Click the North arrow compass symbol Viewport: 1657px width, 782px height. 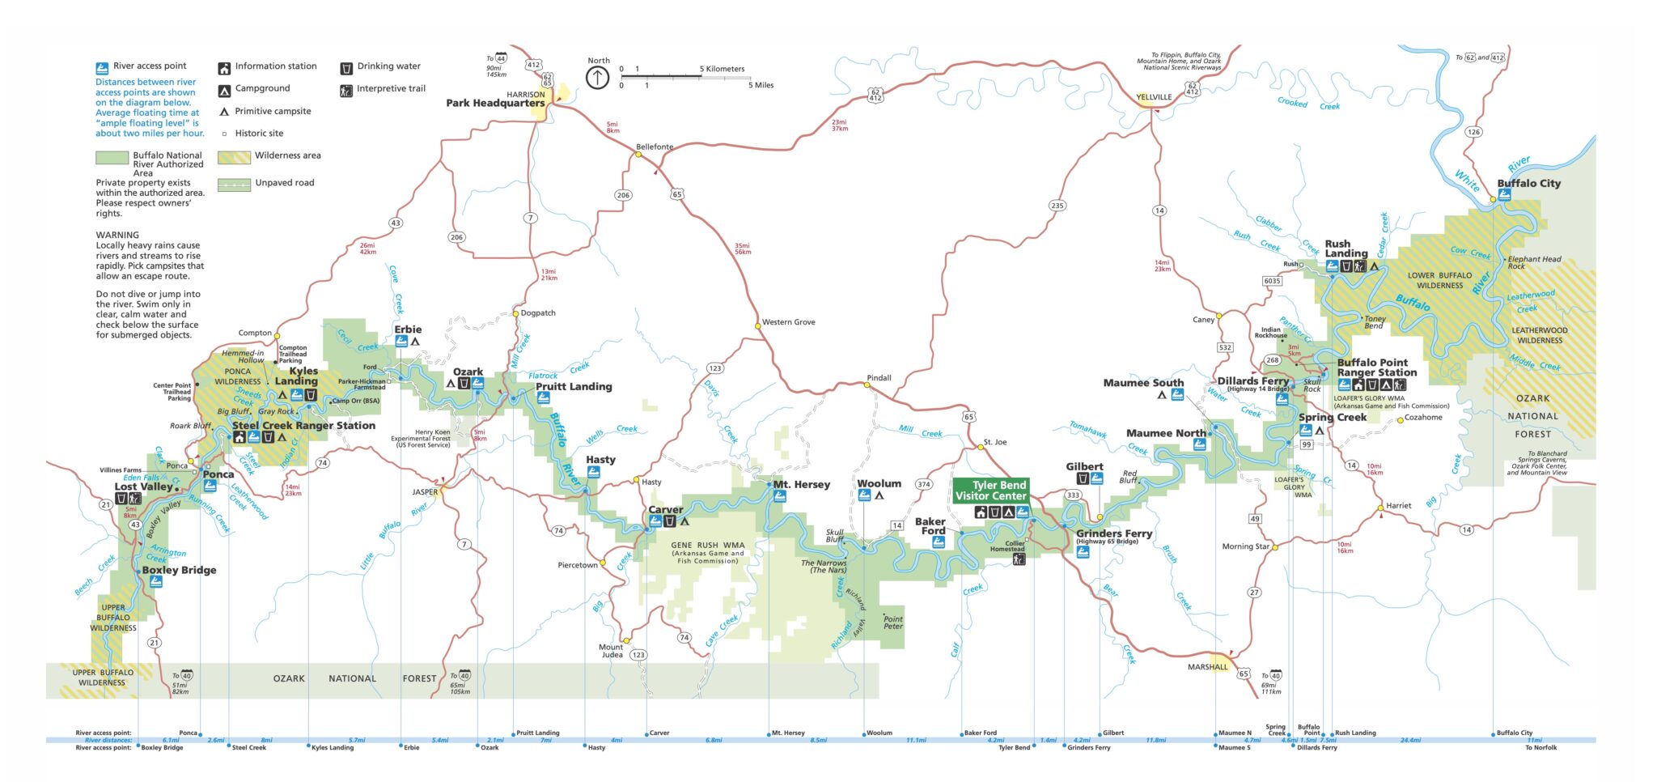coord(597,78)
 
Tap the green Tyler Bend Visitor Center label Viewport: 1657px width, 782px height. coord(990,491)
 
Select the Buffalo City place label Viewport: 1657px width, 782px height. coord(1528,184)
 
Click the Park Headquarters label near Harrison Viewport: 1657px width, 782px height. coord(495,103)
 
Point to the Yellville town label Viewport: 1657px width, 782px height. coord(1154,97)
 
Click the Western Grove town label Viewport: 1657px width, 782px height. coord(788,322)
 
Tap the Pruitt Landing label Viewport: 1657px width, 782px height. coord(574,387)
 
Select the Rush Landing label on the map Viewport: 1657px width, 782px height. coord(1346,249)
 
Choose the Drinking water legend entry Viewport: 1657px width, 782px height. coord(388,66)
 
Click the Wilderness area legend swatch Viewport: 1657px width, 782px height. coord(233,156)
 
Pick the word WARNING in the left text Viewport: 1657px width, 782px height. coord(117,235)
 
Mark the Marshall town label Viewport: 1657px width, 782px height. coord(1207,667)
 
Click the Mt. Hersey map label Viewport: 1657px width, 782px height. coord(801,484)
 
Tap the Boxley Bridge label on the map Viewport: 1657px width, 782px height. coord(179,570)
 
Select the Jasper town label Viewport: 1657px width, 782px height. coord(425,492)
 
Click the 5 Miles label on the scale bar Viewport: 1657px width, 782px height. coord(761,85)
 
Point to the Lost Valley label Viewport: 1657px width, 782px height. coord(143,487)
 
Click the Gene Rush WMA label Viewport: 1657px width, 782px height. coord(707,546)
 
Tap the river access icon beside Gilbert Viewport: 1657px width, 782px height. coord(1096,479)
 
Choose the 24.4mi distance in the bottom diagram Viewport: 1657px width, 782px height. coord(1410,740)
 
